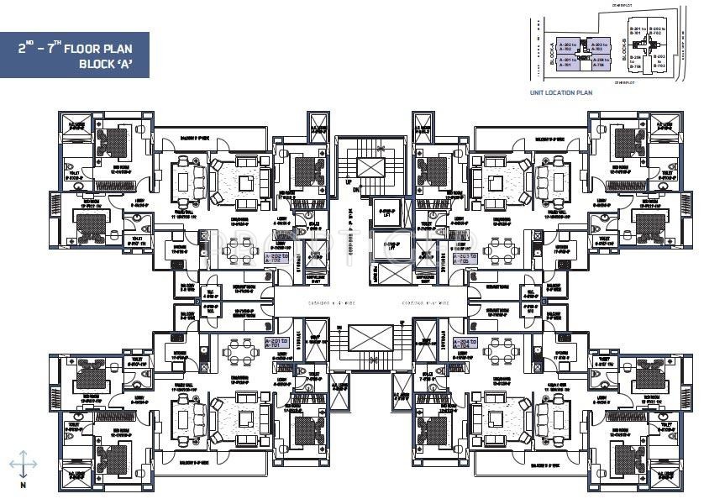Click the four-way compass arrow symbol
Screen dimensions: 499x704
click(x=24, y=464)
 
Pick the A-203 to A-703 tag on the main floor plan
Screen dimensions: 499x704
click(x=465, y=258)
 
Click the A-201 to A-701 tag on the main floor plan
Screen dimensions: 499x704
click(x=276, y=343)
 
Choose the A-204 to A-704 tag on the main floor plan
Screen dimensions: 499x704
click(x=465, y=343)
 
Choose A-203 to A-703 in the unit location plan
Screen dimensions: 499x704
click(x=598, y=46)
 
